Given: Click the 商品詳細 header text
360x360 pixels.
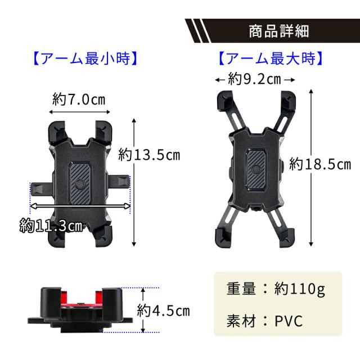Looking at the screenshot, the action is point(279,31).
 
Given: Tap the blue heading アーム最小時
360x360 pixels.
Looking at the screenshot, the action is point(85,58).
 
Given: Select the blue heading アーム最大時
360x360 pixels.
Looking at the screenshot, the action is point(271,58).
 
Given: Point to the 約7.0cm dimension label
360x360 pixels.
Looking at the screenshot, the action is point(79,100).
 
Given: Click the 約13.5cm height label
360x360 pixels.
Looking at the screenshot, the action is point(149,155).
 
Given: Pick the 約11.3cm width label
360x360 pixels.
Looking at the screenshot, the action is point(51,226).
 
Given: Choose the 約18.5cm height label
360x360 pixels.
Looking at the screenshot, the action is point(320,164).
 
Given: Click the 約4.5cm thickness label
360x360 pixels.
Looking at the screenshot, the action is point(164,310).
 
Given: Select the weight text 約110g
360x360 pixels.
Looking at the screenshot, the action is point(300,289).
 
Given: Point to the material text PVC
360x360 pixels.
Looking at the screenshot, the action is point(289,321).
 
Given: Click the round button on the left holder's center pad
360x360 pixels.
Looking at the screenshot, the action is point(80,184).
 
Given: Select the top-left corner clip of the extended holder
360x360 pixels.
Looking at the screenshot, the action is point(224,101).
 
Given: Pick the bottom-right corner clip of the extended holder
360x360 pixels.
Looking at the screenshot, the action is point(286,238).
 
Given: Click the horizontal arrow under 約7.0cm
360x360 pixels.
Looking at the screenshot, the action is point(79,112).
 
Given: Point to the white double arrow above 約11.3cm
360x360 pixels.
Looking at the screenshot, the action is point(80,206).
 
